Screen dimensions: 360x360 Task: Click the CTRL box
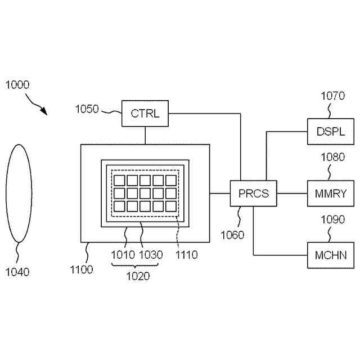[145, 113]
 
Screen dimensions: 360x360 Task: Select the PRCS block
[253, 194]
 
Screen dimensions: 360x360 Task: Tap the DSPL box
[326, 132]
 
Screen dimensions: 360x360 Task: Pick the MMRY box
[326, 194]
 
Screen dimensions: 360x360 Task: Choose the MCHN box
[326, 255]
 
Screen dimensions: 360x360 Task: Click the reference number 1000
[17, 85]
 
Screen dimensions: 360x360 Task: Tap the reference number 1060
[233, 235]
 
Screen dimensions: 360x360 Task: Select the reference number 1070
[332, 96]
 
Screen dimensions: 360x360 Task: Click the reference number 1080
[332, 157]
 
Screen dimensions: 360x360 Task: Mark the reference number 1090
[332, 219]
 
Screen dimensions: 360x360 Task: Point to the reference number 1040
[17, 272]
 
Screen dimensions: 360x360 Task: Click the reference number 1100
[82, 270]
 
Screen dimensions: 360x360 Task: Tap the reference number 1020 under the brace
[138, 276]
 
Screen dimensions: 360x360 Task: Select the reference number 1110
[186, 255]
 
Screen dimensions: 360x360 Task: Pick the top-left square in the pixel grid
[119, 181]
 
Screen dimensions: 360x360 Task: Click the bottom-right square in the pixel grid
[172, 206]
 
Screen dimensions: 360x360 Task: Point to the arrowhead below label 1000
[44, 112]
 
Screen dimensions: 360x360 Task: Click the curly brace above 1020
[138, 265]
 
